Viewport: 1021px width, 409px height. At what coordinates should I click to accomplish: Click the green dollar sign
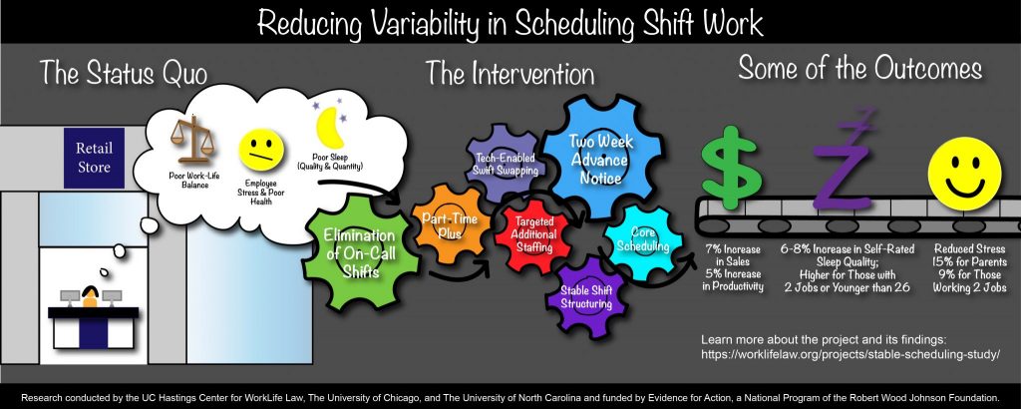point(731,170)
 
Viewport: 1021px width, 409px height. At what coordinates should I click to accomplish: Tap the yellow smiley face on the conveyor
point(964,174)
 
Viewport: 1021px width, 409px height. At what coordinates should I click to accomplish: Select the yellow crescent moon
point(329,127)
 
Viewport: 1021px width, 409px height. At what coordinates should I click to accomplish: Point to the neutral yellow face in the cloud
point(261,150)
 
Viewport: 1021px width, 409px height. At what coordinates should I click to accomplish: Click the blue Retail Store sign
point(94,159)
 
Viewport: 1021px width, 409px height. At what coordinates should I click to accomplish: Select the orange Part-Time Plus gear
point(450,224)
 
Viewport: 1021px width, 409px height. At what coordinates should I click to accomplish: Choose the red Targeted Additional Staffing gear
point(534,232)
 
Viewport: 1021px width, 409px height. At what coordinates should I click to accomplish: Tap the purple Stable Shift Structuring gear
point(586,297)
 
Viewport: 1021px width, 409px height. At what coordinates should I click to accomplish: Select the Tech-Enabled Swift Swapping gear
point(503,165)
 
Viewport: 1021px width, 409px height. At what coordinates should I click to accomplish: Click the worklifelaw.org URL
point(850,355)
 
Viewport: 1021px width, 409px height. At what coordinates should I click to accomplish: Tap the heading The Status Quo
point(124,72)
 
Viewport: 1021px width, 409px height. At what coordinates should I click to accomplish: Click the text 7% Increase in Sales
point(733,255)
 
